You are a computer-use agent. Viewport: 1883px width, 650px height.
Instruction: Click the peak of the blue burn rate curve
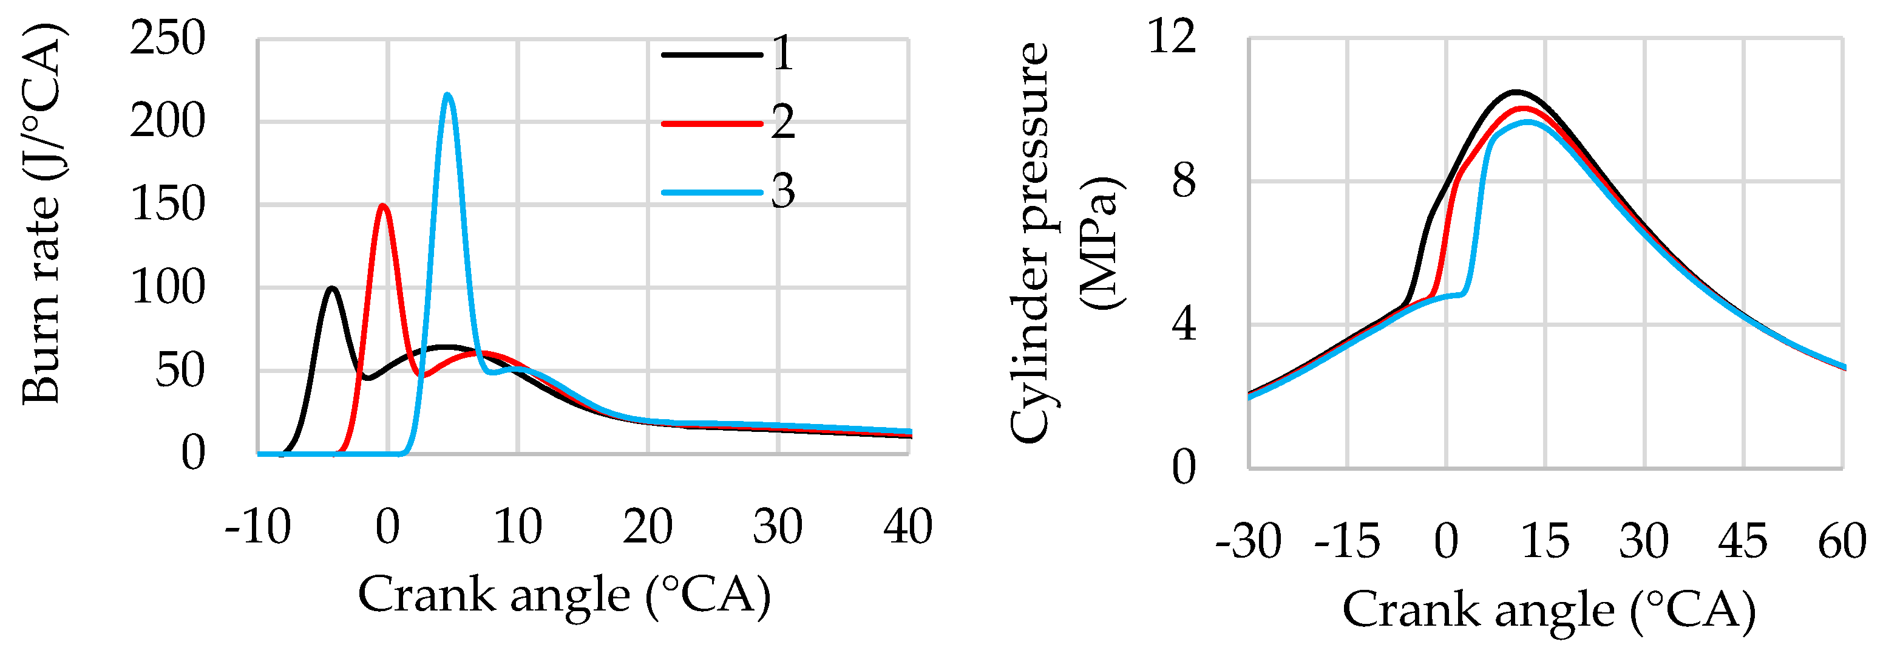click(x=447, y=94)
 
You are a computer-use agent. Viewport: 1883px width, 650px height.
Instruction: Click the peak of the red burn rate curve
click(x=383, y=205)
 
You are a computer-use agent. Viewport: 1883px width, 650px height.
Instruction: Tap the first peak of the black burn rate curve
click(x=333, y=288)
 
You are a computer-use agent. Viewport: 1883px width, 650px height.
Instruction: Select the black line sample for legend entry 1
click(x=711, y=55)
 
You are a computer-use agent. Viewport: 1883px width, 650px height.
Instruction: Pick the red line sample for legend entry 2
click(x=711, y=123)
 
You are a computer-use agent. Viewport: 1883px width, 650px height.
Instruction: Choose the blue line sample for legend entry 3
click(x=711, y=193)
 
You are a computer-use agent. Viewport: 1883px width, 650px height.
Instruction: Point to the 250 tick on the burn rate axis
click(x=168, y=39)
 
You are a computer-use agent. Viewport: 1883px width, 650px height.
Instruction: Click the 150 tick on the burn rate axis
click(x=168, y=205)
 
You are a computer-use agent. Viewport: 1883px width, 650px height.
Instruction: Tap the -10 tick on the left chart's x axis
click(x=258, y=527)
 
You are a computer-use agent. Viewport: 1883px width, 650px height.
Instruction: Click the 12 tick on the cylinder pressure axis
click(x=1173, y=36)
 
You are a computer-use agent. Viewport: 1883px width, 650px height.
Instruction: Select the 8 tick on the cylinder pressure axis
click(x=1184, y=180)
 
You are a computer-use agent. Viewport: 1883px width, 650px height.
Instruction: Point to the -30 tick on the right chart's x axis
click(x=1249, y=542)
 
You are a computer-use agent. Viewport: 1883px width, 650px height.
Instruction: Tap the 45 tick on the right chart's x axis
click(x=1743, y=542)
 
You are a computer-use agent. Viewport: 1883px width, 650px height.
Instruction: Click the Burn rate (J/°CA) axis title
click(x=42, y=213)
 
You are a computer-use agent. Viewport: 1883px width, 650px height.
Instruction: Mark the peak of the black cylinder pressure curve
click(x=1516, y=92)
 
